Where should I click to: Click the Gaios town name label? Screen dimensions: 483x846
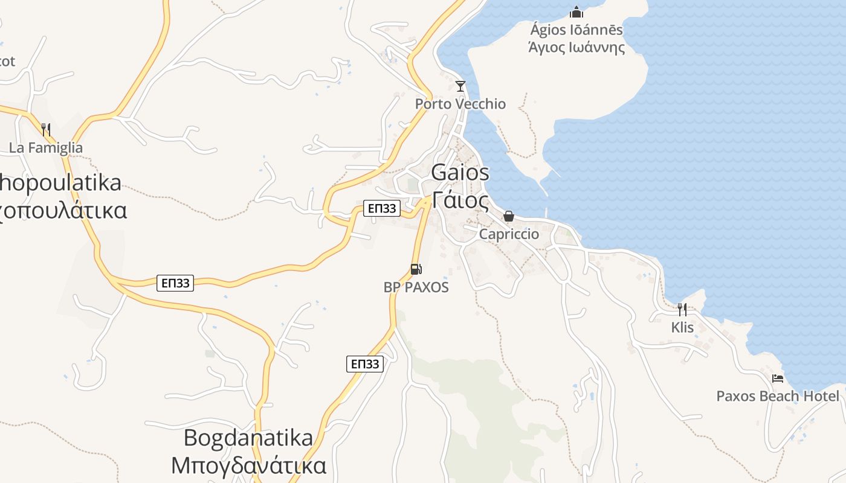[460, 173]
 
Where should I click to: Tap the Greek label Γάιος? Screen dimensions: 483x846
[460, 199]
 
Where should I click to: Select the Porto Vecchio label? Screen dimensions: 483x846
[460, 104]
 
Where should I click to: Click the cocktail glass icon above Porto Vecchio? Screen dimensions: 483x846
[460, 86]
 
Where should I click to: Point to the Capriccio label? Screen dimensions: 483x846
[509, 234]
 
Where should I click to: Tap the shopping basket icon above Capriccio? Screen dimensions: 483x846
[509, 216]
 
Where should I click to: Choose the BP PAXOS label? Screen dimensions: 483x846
[416, 287]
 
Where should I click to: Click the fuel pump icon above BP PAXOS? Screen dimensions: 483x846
[416, 269]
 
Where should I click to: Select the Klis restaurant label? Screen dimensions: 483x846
[682, 327]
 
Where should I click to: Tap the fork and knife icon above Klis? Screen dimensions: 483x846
[682, 310]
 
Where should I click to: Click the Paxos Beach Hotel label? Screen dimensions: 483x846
[778, 396]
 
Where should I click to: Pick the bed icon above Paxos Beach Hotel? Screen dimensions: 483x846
[778, 379]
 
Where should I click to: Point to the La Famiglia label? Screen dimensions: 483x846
[46, 147]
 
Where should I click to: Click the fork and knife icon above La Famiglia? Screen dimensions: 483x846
[46, 129]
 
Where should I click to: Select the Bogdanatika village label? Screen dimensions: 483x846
[248, 437]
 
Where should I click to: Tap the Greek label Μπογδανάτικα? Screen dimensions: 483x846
[248, 465]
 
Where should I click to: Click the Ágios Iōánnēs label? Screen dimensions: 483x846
[576, 30]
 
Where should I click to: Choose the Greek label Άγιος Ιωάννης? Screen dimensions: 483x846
[576, 47]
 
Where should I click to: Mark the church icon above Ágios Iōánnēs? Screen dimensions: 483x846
[576, 11]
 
